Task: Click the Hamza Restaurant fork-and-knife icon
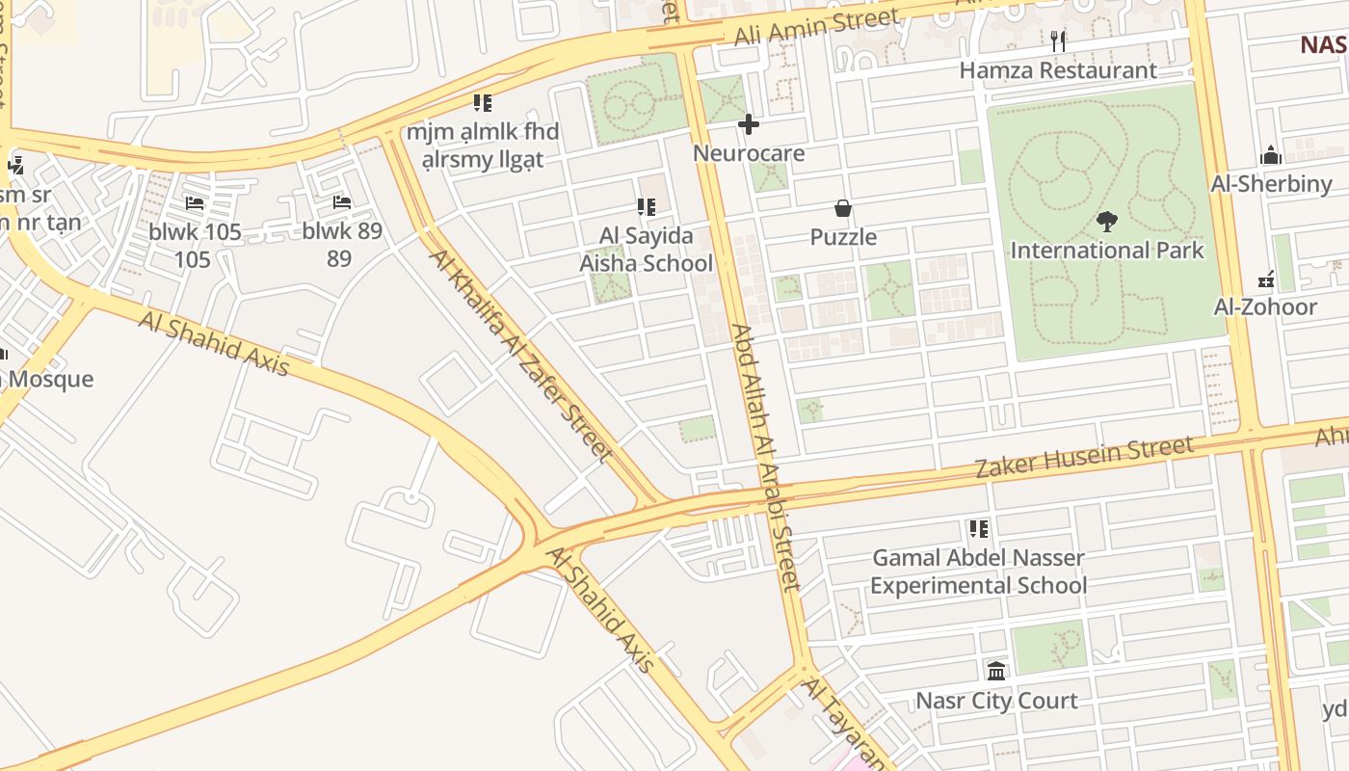[1058, 40]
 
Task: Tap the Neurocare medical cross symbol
[749, 124]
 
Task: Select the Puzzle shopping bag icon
[843, 208]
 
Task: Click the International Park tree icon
[1106, 222]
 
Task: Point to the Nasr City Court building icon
[996, 671]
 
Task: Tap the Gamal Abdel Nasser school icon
[979, 529]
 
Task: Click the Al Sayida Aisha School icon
[646, 206]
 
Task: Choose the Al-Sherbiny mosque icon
[1271, 155]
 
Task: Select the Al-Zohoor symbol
[1267, 279]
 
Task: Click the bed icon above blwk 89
[341, 202]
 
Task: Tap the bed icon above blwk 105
[195, 203]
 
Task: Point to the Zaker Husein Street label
[1084, 457]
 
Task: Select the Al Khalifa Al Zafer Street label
[521, 355]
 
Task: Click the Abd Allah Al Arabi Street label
[766, 456]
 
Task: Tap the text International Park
[1107, 251]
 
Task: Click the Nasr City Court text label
[996, 701]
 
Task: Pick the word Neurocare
[749, 153]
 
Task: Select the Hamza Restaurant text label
[1058, 70]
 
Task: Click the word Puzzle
[843, 237]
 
